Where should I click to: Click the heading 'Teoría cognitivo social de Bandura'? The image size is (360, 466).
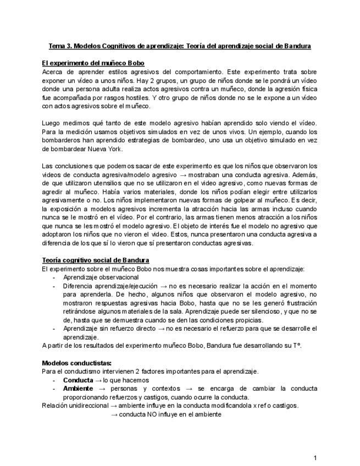[95, 260]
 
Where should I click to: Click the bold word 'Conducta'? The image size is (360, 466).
[78, 380]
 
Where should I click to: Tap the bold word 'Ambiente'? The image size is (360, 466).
[78, 389]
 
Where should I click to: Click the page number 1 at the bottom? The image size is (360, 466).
[315, 457]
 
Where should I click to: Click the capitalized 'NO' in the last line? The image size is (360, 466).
[152, 415]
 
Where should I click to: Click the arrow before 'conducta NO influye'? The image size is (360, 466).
[114, 415]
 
